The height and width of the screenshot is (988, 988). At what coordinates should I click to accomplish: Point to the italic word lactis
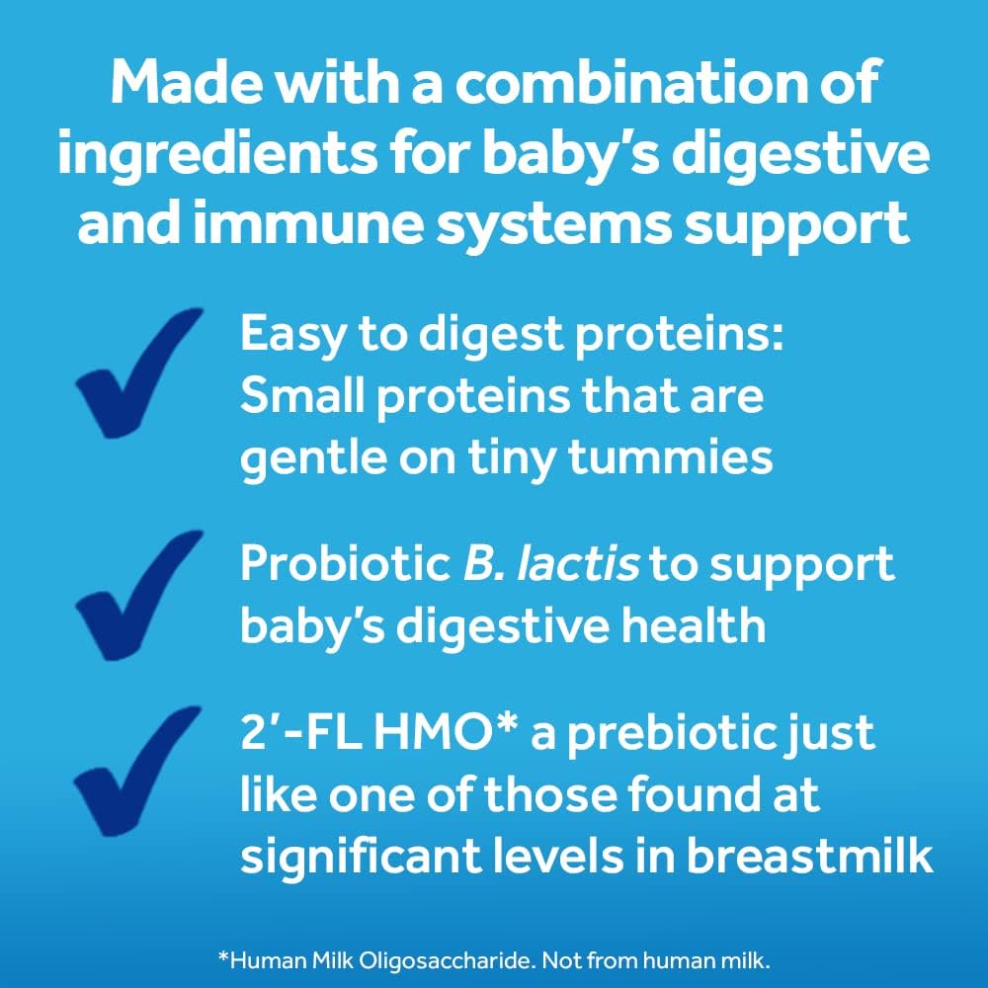[578, 563]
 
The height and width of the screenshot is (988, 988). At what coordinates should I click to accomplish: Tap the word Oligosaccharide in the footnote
[444, 961]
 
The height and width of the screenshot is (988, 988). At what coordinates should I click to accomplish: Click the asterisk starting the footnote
[222, 958]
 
